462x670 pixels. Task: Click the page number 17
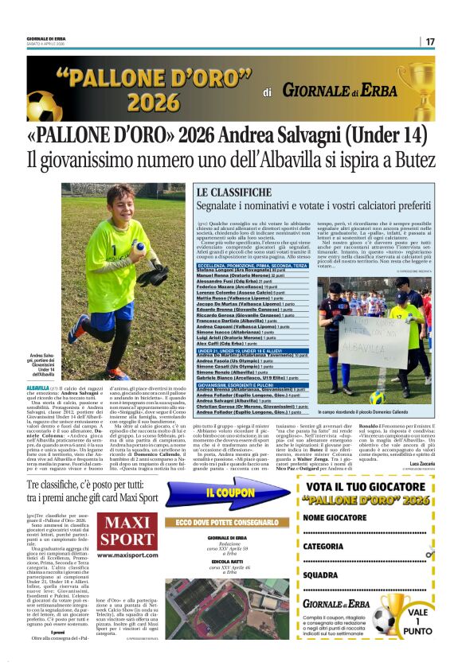pos(429,41)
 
